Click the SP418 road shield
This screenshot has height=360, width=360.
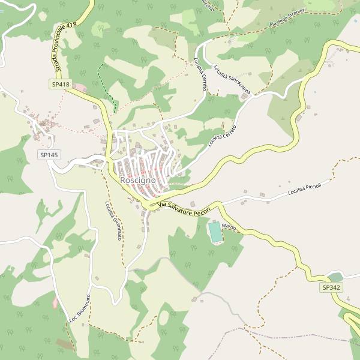(x=60, y=85)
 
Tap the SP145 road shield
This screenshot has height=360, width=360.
(x=49, y=155)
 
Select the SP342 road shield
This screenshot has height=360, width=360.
(x=331, y=288)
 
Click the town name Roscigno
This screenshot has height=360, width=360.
(x=138, y=180)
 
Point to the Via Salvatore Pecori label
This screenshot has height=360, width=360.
(x=184, y=209)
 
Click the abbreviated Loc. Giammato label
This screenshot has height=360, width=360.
(x=80, y=308)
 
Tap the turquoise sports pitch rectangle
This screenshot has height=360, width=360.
(x=215, y=232)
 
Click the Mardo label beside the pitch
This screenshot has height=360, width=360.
(x=229, y=227)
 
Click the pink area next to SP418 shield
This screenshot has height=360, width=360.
(x=79, y=88)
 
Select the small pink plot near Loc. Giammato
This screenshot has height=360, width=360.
(x=55, y=302)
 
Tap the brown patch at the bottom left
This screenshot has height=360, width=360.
(x=65, y=344)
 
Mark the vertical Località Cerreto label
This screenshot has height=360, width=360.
(x=200, y=74)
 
